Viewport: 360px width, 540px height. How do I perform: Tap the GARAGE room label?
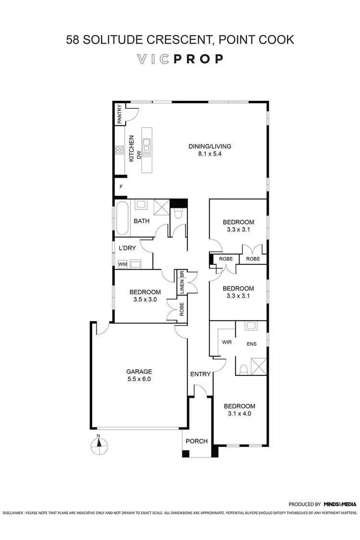click(139, 372)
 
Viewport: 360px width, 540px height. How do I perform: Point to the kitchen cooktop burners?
click(119, 152)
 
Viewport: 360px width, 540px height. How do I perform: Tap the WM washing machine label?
click(122, 264)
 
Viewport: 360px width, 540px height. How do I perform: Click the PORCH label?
click(197, 441)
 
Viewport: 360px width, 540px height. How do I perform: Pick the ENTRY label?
click(200, 374)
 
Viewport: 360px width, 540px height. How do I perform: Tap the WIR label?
click(227, 343)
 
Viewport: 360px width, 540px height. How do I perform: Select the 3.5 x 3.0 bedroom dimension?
click(144, 300)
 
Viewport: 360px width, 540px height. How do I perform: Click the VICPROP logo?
click(180, 59)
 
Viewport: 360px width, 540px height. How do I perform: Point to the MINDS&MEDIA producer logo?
click(339, 504)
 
